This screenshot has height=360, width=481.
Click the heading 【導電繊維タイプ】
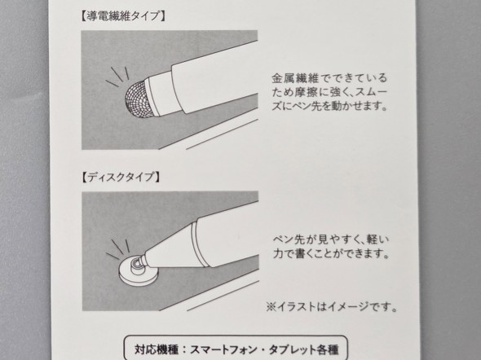(123, 16)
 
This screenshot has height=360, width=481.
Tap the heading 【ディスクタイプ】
(121, 177)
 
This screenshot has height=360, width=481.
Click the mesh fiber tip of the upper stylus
(137, 99)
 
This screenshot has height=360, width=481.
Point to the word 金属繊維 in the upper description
(295, 78)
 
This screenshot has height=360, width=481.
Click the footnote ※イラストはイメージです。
(331, 306)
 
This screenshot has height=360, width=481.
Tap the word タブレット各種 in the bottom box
(304, 349)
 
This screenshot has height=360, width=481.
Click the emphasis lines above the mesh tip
(117, 77)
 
